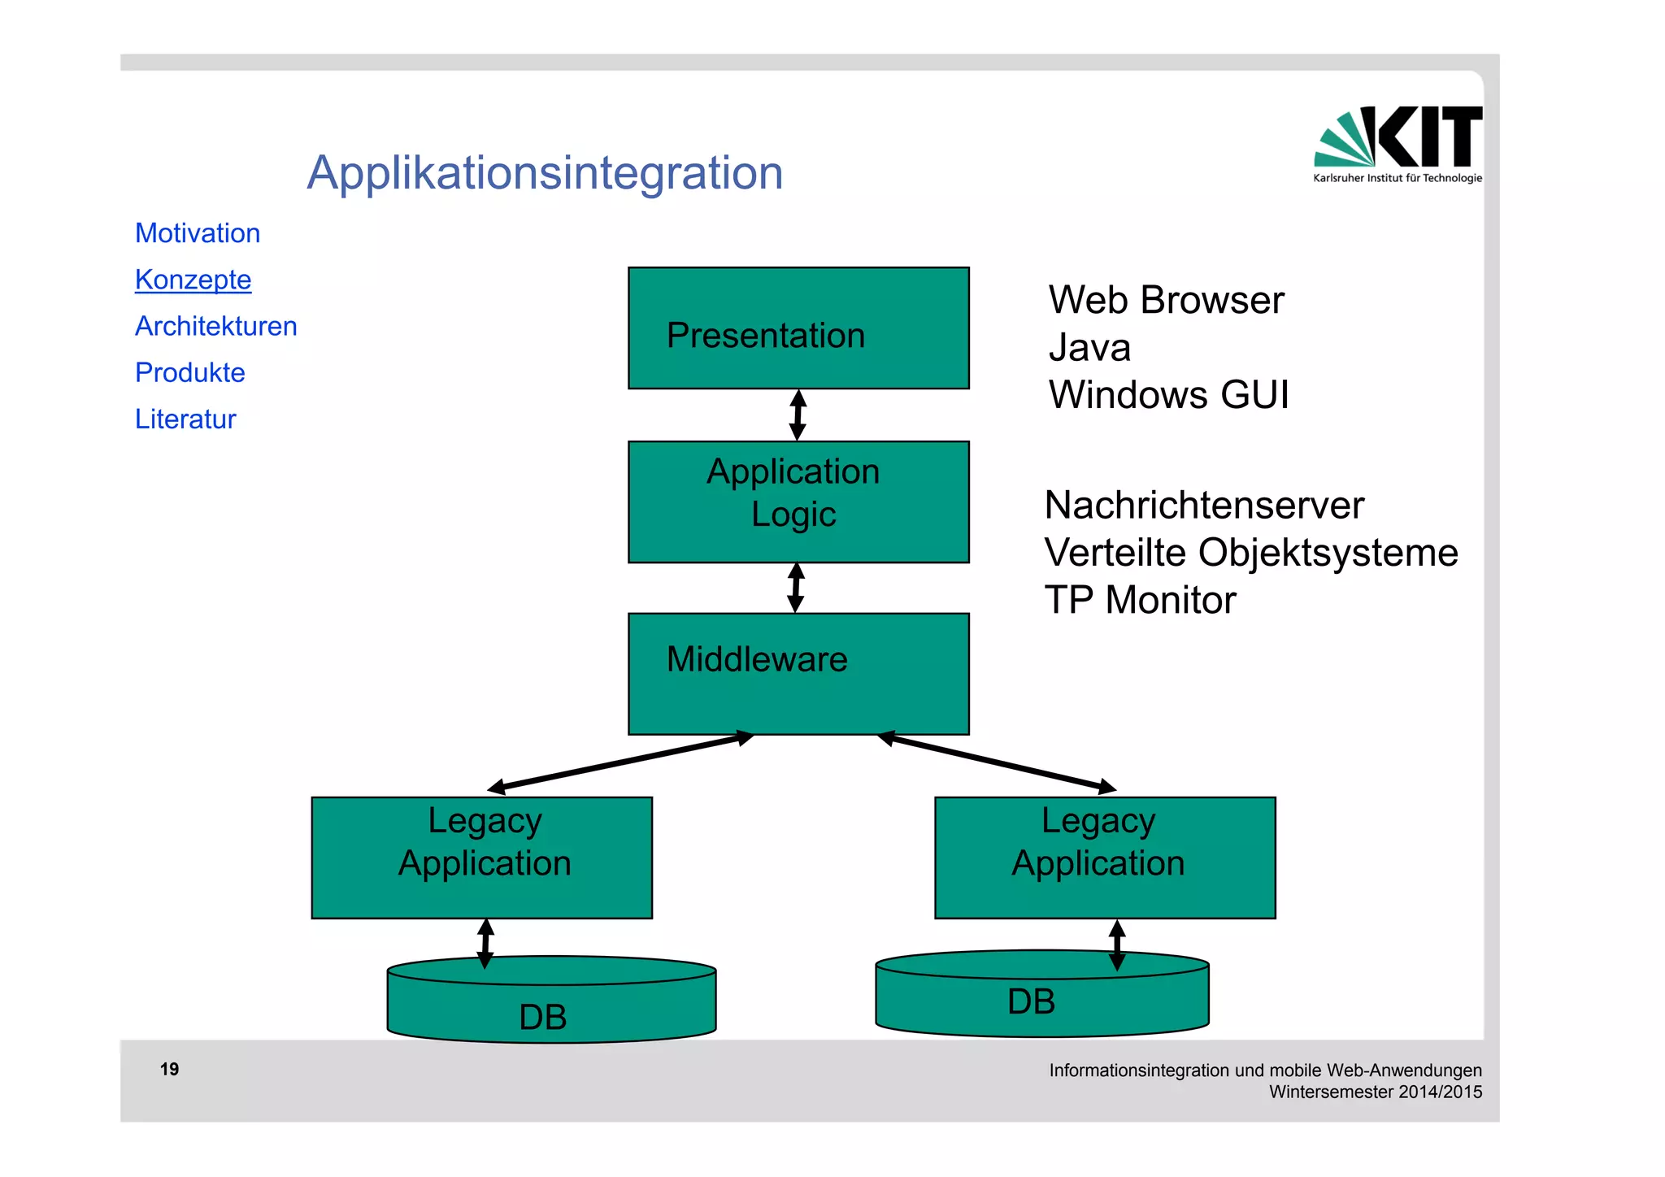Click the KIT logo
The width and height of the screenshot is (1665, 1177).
tap(1398, 143)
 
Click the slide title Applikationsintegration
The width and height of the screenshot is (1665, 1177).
tap(545, 173)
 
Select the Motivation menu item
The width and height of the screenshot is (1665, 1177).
tap(198, 233)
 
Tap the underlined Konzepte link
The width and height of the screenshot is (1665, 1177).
tap(193, 280)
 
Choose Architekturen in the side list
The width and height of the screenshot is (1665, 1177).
tap(215, 326)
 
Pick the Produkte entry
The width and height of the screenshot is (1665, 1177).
tap(189, 372)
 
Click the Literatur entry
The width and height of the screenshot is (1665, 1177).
tap(185, 419)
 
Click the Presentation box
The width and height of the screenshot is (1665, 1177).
tap(798, 328)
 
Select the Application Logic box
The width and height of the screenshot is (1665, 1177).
tap(798, 502)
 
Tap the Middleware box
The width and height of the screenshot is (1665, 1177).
tap(798, 674)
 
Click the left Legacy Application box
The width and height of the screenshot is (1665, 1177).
tap(482, 858)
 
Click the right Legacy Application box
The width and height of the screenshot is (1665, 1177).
tap(1105, 858)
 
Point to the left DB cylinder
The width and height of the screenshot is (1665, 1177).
tap(551, 1008)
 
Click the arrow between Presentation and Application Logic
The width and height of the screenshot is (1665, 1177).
tap(798, 415)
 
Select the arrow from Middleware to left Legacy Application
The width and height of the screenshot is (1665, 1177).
tap(619, 762)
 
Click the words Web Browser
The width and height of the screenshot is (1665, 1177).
tap(1166, 300)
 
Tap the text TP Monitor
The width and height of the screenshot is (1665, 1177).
tap(1140, 600)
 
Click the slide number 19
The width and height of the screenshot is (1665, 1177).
tap(169, 1069)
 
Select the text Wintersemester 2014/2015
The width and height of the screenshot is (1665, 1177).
tap(1376, 1092)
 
